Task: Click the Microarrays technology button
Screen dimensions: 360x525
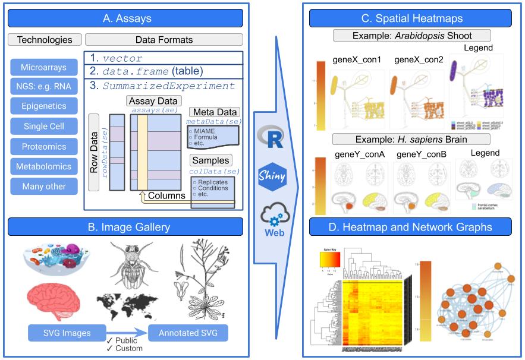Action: click(x=44, y=67)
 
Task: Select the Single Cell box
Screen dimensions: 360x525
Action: click(x=44, y=127)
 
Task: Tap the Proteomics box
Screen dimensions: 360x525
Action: click(x=44, y=147)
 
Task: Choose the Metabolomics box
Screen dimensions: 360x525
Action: click(x=44, y=167)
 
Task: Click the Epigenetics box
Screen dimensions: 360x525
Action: click(x=44, y=106)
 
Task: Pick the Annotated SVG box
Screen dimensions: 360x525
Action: click(x=188, y=333)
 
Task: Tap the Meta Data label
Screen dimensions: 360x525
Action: click(x=214, y=112)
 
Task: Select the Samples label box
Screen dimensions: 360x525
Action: click(x=211, y=160)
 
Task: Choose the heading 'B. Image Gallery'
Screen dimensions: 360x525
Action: click(x=125, y=227)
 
